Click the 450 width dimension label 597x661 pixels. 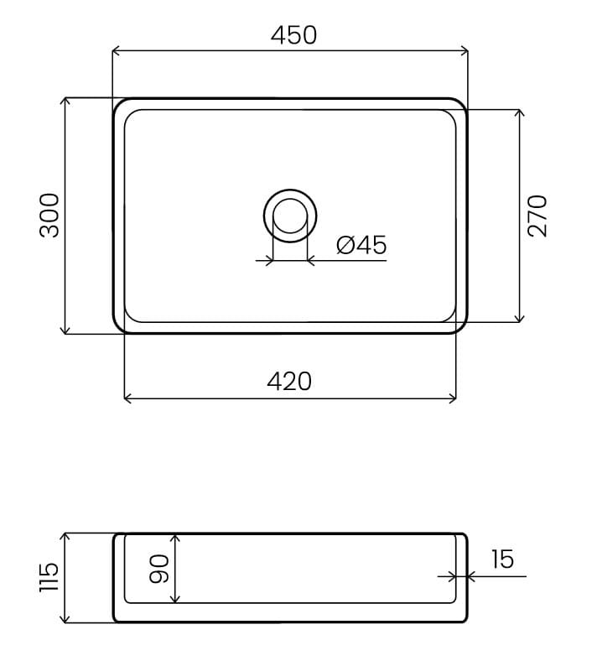coord(293,35)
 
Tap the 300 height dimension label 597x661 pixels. coord(49,216)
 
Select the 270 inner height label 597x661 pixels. coord(537,216)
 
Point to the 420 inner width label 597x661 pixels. coord(289,381)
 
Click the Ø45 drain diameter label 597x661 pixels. coord(361,245)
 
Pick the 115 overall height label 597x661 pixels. coord(49,577)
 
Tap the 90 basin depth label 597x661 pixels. coord(159,569)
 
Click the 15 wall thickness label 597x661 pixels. coord(502,559)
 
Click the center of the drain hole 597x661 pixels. coord(290,216)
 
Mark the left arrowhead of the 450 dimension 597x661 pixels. coord(116,51)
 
